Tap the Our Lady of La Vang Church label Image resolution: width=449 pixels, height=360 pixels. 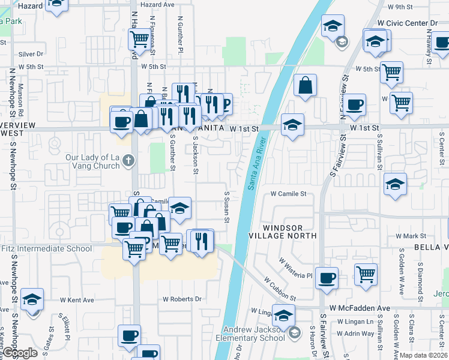[92, 162]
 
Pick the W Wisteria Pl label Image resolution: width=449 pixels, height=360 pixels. [295, 268]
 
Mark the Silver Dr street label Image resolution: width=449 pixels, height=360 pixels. [31, 53]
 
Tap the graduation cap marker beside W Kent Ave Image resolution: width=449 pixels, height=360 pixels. [32, 300]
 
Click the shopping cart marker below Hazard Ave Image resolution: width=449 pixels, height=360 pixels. [139, 39]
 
